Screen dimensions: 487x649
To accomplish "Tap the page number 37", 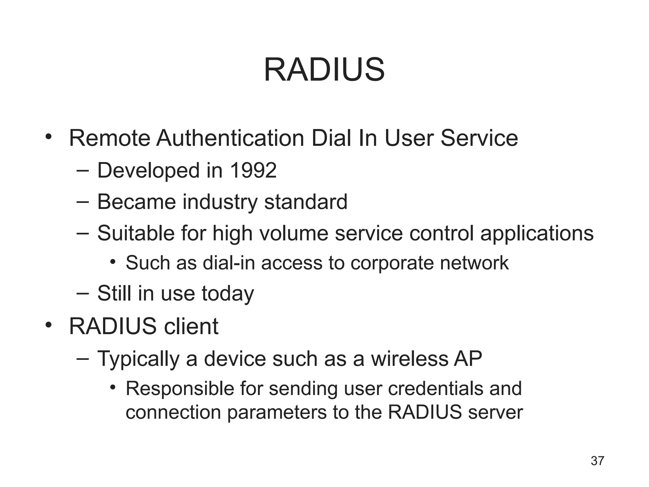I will pyautogui.click(x=597, y=461).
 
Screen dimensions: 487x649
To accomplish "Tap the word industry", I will pyautogui.click(x=220, y=202).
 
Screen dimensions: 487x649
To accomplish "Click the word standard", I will pyautogui.click(x=306, y=202).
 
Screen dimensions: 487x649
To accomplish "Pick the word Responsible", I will pyautogui.click(x=180, y=389).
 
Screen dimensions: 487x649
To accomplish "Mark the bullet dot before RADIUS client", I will pyautogui.click(x=48, y=325).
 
